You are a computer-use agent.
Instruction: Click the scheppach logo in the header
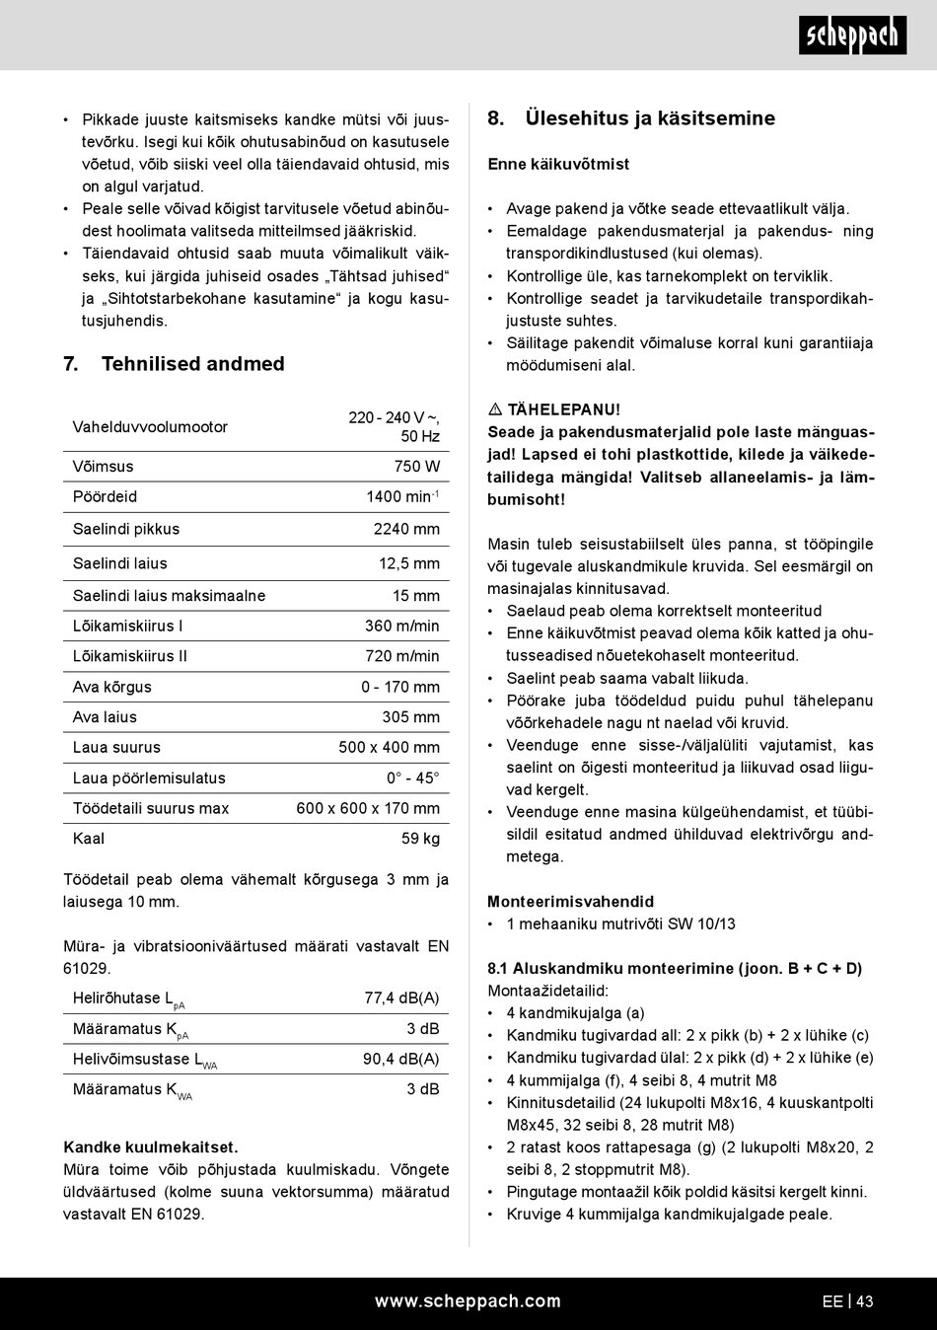(852, 37)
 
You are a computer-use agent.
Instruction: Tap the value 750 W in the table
(417, 467)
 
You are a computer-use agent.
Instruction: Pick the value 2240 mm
(406, 529)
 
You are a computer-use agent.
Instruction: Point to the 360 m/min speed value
(402, 626)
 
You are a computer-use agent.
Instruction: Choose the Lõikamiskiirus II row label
(129, 656)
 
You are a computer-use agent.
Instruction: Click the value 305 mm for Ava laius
(410, 717)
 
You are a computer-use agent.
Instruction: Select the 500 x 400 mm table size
(389, 747)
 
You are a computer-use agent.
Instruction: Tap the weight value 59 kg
(420, 839)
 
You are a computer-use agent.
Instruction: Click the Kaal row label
(89, 839)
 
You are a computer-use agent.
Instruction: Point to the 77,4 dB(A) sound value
(401, 997)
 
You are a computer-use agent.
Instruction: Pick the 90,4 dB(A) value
(400, 1059)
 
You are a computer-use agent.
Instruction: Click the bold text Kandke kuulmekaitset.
(151, 1147)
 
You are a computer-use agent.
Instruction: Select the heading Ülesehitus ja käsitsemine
(649, 118)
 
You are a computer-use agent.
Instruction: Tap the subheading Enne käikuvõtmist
(558, 164)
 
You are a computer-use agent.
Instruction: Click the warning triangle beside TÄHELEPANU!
(495, 409)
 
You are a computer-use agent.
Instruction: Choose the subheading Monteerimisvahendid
(570, 902)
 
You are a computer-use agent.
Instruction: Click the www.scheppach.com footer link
(468, 1301)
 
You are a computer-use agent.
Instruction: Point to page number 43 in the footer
(865, 1301)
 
